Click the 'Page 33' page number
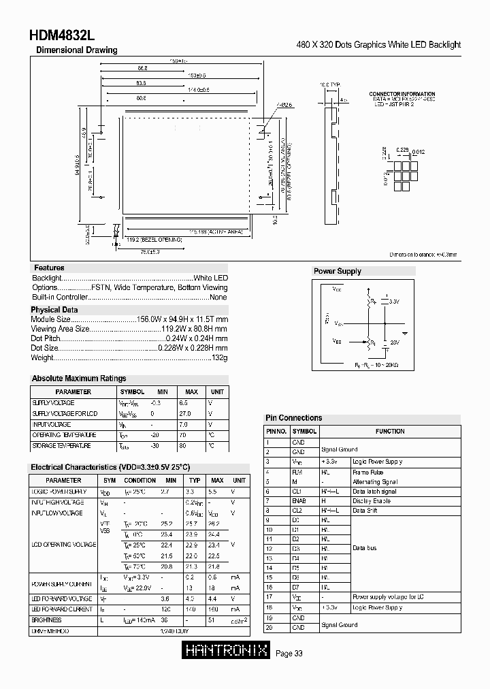pyautogui.click(x=289, y=654)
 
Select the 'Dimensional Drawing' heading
pyautogui.click(x=76, y=50)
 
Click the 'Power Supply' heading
pyautogui.click(x=338, y=271)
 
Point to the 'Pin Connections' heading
pyautogui.click(x=293, y=418)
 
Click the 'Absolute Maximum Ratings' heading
pyautogui.click(x=79, y=379)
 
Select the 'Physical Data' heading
pyautogui.click(x=55, y=310)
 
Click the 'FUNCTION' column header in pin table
pyautogui.click(x=390, y=431)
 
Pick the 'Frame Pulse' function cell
pyautogui.click(x=368, y=471)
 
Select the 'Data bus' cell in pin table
pyautogui.click(x=365, y=548)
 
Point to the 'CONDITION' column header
pyautogui.click(x=140, y=481)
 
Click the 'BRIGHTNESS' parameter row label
pyautogui.click(x=47, y=620)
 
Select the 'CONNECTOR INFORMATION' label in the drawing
pyautogui.click(x=402, y=94)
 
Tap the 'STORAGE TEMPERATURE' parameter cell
pyautogui.click(x=62, y=445)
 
